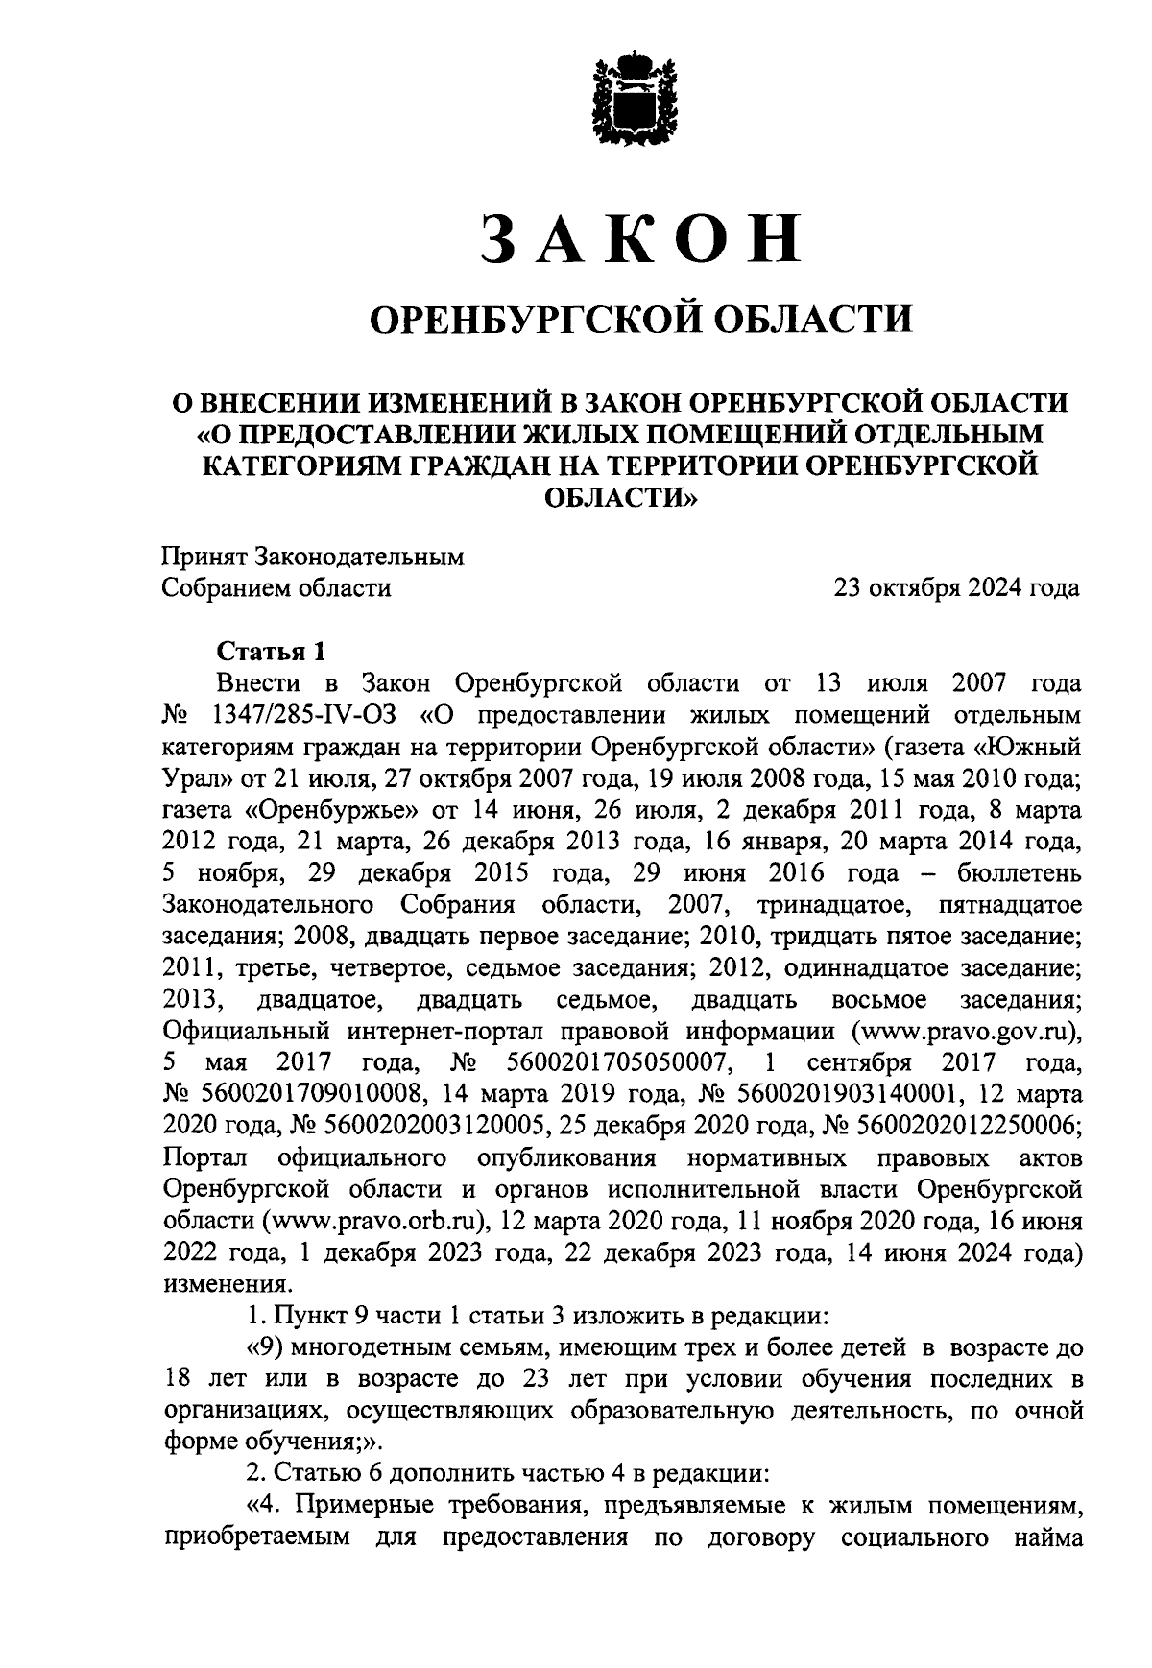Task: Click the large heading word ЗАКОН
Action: pyautogui.click(x=640, y=237)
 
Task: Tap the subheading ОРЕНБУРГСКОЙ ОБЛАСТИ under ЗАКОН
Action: pyautogui.click(x=640, y=318)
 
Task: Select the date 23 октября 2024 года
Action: pyautogui.click(x=956, y=588)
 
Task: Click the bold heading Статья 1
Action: pyautogui.click(x=272, y=652)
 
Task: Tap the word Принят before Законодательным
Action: pyautogui.click(x=204, y=557)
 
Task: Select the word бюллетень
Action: pyautogui.click(x=1020, y=873)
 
